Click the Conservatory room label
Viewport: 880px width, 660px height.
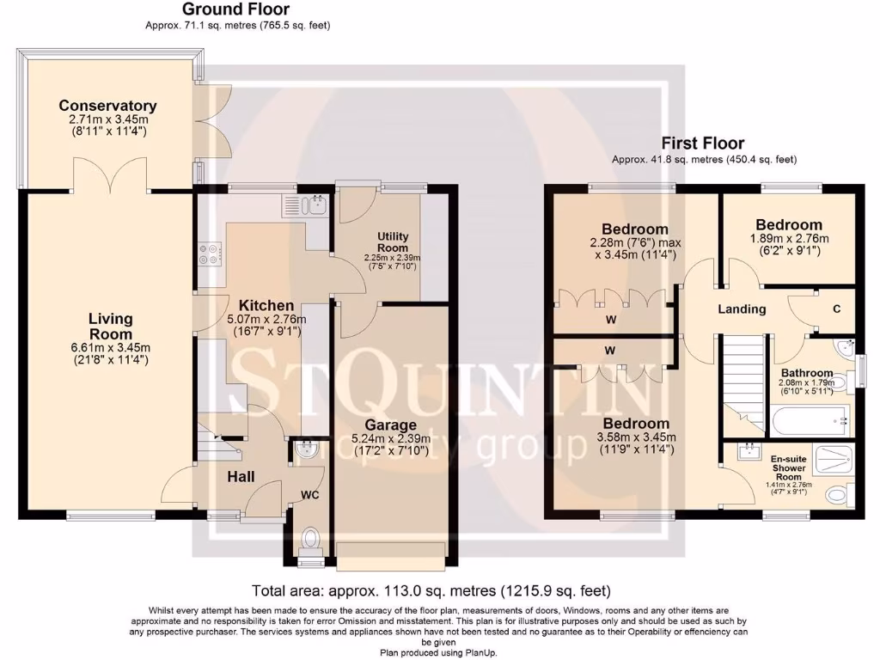[x=107, y=106]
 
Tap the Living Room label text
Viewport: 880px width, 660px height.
[x=110, y=327]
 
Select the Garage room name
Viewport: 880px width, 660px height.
[x=390, y=425]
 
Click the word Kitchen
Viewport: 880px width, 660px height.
[x=266, y=305]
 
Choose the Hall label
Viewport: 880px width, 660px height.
[x=241, y=476]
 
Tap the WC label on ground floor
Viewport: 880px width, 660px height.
[x=310, y=496]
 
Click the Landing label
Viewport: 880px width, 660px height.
[x=742, y=309]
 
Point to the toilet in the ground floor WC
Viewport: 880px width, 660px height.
[x=310, y=540]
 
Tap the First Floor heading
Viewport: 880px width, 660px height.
[x=702, y=143]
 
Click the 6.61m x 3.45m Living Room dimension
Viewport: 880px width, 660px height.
[x=110, y=347]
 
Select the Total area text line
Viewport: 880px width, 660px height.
[x=431, y=590]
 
